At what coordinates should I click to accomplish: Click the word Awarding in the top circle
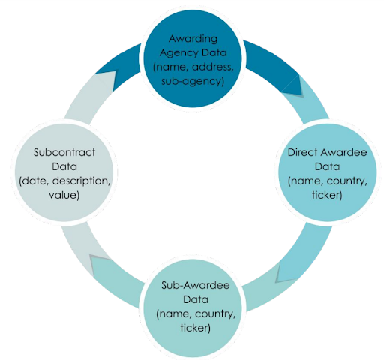(x=193, y=39)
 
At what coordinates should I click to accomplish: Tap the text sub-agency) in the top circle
(x=193, y=81)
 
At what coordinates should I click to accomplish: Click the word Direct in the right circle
(x=302, y=152)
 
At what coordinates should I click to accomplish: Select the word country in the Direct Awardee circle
(x=347, y=181)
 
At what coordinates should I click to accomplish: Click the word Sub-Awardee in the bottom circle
(x=196, y=285)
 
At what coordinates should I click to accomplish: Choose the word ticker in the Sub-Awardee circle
(x=195, y=328)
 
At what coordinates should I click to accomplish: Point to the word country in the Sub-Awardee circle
(x=215, y=313)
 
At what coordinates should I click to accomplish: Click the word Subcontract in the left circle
(x=64, y=152)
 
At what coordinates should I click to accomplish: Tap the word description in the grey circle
(x=81, y=181)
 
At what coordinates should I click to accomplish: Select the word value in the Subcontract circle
(x=64, y=195)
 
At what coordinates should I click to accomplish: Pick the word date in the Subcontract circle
(x=34, y=181)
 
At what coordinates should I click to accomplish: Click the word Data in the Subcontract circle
(x=64, y=166)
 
